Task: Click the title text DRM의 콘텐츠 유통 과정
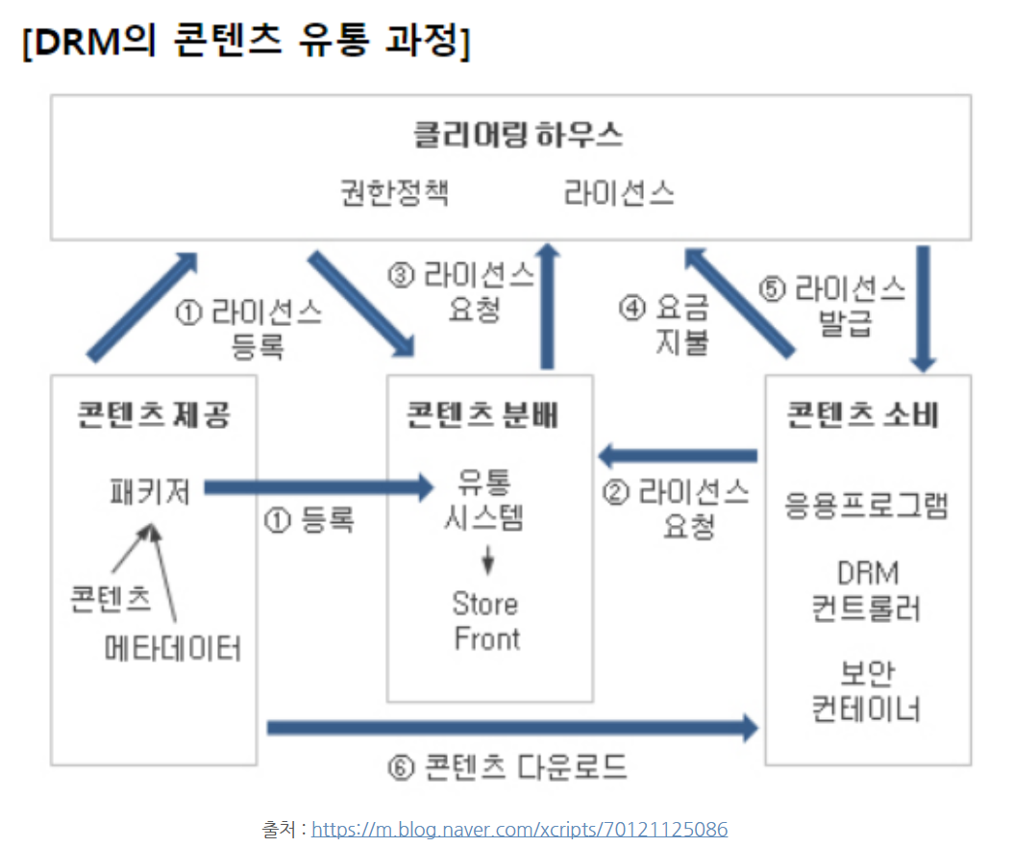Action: tap(245, 43)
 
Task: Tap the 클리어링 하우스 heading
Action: tap(518, 135)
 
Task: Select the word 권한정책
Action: tap(394, 193)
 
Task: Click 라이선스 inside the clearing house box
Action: tap(619, 193)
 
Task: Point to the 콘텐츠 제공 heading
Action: tap(154, 414)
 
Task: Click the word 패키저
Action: tap(151, 491)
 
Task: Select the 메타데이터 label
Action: tap(174, 649)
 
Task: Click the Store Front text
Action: tap(486, 621)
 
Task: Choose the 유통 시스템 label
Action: tap(485, 501)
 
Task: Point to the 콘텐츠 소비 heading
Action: tap(862, 414)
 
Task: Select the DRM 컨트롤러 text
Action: tap(867, 591)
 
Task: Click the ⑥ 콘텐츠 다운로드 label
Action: tap(507, 766)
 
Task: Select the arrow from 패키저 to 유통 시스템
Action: tap(317, 487)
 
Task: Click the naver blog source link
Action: tap(520, 829)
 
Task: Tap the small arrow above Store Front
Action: tap(487, 560)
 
